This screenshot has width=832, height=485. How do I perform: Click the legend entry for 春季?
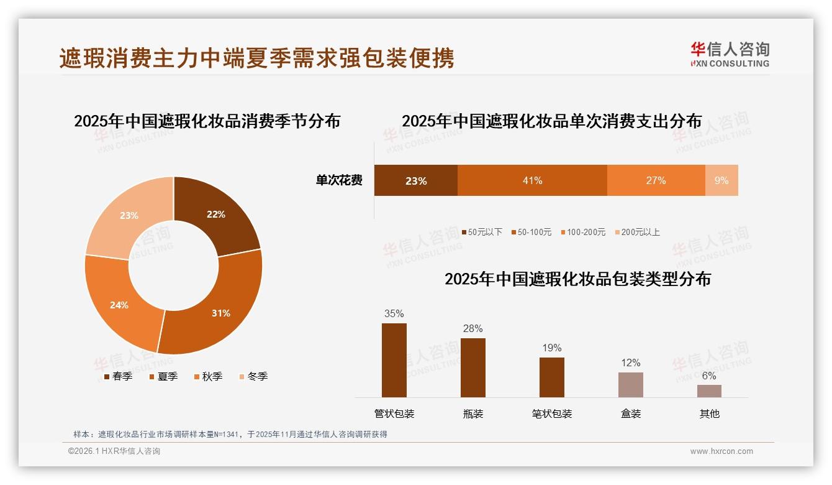(x=118, y=376)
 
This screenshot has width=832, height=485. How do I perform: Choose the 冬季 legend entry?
(x=253, y=376)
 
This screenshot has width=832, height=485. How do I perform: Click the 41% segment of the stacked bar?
(x=532, y=180)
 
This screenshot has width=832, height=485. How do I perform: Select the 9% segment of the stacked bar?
(x=721, y=180)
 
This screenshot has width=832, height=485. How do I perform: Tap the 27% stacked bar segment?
(x=656, y=180)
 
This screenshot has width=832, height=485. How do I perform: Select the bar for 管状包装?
(x=394, y=360)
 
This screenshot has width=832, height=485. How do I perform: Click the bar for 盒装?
(x=631, y=384)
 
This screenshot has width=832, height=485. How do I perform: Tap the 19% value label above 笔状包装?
(x=552, y=348)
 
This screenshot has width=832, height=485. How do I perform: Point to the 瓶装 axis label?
(x=473, y=413)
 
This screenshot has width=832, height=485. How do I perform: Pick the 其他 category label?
(x=710, y=413)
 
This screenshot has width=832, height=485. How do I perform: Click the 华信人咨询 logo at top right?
(x=730, y=55)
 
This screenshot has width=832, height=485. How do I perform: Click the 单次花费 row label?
(x=339, y=180)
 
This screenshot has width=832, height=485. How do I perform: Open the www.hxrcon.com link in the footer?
(x=721, y=451)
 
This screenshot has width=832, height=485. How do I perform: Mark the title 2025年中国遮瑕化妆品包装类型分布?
(x=577, y=279)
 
